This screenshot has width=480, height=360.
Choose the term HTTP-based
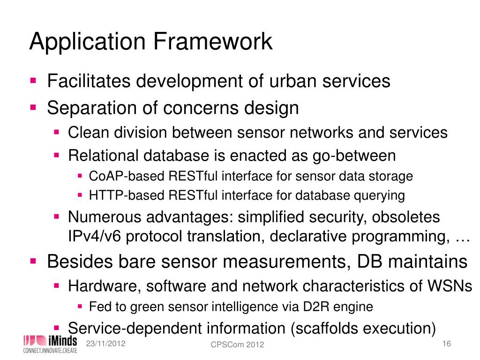pyautogui.click(x=120, y=195)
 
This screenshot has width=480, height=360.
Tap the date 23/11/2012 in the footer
pyautogui.click(x=105, y=344)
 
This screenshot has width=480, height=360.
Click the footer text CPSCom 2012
pyautogui.click(x=237, y=345)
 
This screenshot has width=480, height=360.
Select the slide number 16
pyautogui.click(x=446, y=344)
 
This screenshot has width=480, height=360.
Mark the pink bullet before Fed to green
pyautogui.click(x=80, y=307)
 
